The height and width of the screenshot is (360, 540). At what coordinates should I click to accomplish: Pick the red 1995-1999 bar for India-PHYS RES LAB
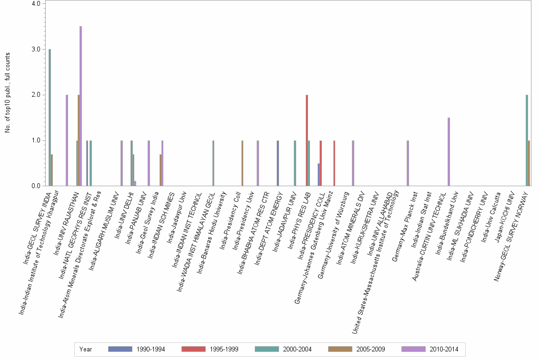point(307,140)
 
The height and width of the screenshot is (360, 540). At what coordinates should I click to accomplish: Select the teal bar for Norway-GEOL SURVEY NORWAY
point(527,140)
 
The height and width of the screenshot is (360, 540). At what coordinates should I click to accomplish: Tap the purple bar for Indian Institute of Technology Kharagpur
point(67,140)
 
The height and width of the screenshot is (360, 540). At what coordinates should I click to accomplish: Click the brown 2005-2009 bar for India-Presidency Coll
point(242,163)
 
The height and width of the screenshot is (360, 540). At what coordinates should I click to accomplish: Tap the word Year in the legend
point(86,349)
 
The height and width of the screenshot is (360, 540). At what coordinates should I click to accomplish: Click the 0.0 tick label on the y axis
point(37,186)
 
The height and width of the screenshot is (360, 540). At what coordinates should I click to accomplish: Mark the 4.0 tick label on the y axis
point(37,3)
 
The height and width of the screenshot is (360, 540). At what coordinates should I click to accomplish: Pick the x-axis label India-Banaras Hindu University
point(210,231)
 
